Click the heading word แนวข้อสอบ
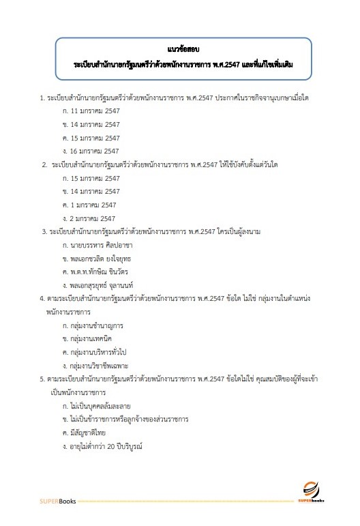181,49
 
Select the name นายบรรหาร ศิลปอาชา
100,244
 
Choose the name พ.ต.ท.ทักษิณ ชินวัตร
101,271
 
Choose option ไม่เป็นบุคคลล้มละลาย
101,405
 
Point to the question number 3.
44,231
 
